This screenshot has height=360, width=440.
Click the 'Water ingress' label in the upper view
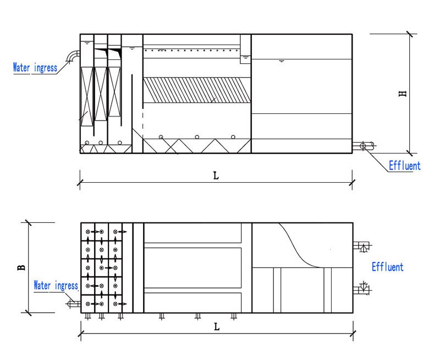point(35,68)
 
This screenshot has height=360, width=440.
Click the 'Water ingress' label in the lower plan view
point(56,286)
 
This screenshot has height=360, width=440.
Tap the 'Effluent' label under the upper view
point(404,166)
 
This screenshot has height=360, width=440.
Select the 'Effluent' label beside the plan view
point(387,267)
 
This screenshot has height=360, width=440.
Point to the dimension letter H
point(403,94)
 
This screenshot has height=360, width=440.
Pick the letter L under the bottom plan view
point(217,326)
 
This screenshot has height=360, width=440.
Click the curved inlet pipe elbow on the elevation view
point(73,56)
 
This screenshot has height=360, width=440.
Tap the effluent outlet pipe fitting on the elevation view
point(364,145)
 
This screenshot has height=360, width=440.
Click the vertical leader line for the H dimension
point(409,94)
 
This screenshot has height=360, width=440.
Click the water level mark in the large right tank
point(282,60)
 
